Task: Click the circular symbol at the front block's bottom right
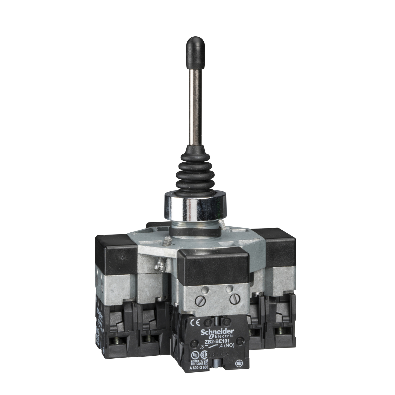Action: pyautogui.click(x=239, y=363)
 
